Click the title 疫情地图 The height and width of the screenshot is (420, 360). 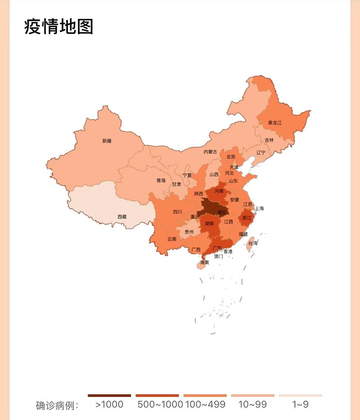(x=58, y=27)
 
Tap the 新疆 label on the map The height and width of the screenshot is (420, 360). (x=107, y=141)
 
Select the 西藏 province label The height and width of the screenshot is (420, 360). (x=122, y=217)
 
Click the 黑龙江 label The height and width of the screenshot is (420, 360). (x=274, y=123)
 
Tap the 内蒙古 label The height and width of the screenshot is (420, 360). (x=210, y=152)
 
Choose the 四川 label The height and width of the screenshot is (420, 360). (x=177, y=212)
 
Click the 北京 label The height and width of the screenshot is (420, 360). (x=231, y=157)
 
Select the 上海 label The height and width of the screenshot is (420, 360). (x=259, y=208)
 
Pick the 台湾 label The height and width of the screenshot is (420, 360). (x=253, y=243)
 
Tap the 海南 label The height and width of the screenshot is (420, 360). (x=204, y=262)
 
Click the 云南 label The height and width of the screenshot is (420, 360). (x=172, y=239)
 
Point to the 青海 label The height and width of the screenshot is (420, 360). (x=161, y=180)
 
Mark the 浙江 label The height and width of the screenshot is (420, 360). (x=247, y=218)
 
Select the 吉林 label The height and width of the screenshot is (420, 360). (x=269, y=140)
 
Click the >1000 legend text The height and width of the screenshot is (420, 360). (x=109, y=404)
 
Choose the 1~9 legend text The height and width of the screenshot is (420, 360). (x=300, y=404)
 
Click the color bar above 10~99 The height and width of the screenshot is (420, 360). (x=252, y=396)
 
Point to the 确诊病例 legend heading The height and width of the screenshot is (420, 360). (x=57, y=405)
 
